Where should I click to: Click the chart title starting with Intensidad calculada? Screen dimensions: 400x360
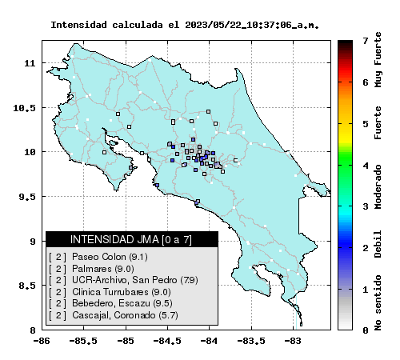pyautogui.click(x=185, y=25)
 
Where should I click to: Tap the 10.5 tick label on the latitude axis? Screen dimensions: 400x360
pyautogui.click(x=24, y=108)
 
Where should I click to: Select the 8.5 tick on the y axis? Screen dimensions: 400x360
pyautogui.click(x=27, y=286)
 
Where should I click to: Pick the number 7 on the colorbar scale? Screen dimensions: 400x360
pyautogui.click(x=366, y=41)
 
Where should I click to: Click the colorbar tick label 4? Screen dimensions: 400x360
pyautogui.click(x=366, y=166)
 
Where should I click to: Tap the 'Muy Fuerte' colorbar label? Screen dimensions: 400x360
pyautogui.click(x=378, y=60)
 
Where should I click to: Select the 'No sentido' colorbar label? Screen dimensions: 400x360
pyautogui.click(x=378, y=303)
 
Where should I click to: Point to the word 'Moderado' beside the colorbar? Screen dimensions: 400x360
pyautogui.click(x=378, y=186)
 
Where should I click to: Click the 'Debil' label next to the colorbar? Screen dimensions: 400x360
pyautogui.click(x=378, y=244)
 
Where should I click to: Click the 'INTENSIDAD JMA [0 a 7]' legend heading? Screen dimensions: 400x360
pyautogui.click(x=131, y=239)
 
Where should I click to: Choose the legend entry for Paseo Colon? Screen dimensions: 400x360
pyautogui.click(x=98, y=257)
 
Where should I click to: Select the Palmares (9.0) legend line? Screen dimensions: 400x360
pyautogui.click(x=91, y=269)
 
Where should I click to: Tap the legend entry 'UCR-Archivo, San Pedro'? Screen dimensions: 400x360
pyautogui.click(x=123, y=280)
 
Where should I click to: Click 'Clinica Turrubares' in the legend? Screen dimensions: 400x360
pyautogui.click(x=110, y=292)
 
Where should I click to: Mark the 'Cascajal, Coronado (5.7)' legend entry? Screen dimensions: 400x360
pyautogui.click(x=114, y=315)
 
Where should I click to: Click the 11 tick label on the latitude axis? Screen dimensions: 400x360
pyautogui.click(x=30, y=63)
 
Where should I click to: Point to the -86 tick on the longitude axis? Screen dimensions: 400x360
pyautogui.click(x=42, y=341)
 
